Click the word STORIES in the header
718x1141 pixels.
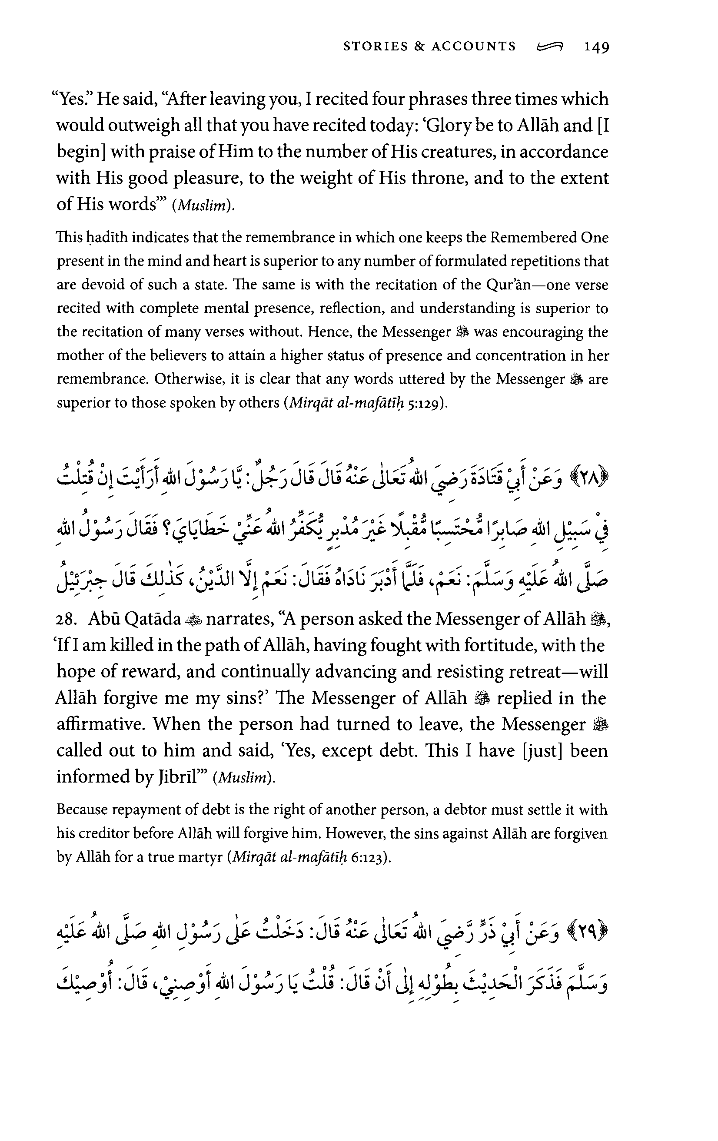pyautogui.click(x=369, y=46)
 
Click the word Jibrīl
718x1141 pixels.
pyautogui.click(x=178, y=776)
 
